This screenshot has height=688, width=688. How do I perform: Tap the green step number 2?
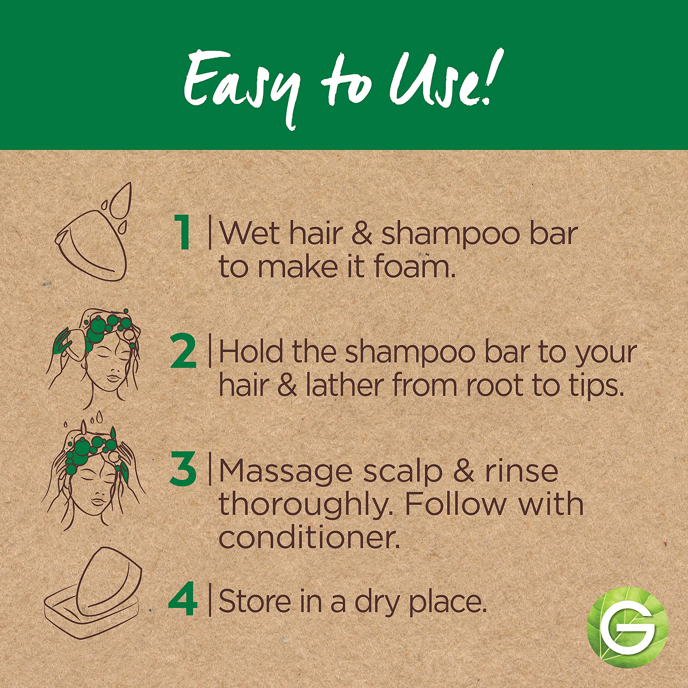click(183, 351)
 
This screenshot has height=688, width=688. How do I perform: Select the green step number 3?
click(183, 469)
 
